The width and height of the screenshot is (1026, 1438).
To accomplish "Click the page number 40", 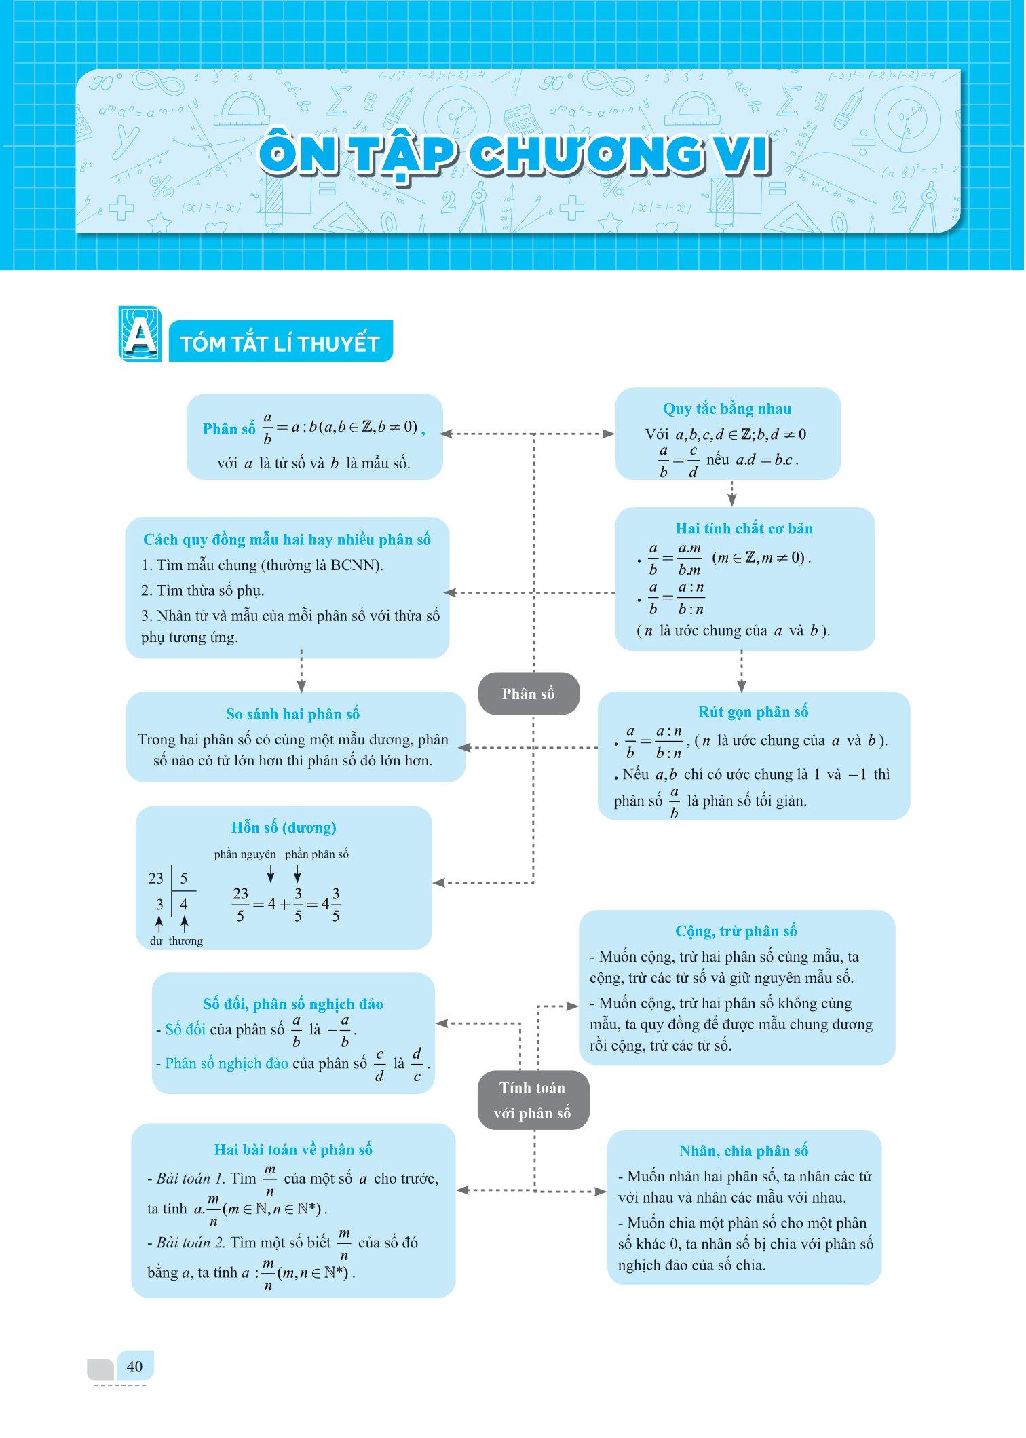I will coord(134,1366).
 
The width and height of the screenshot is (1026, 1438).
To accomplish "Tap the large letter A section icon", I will coord(140,334).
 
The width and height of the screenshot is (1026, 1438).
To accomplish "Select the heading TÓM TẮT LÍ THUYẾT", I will coord(280,343).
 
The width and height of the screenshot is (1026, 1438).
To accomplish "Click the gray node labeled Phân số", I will coord(528,694).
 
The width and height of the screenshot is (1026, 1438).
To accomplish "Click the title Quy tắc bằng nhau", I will coord(727,409).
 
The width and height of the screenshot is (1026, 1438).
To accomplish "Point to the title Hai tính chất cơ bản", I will coord(744,528).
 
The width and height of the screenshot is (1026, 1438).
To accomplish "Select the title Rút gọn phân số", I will coord(753,711).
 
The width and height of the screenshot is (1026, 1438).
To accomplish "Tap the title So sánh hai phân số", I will coord(292,713).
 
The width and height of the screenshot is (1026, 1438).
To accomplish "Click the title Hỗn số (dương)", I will coord(284,827).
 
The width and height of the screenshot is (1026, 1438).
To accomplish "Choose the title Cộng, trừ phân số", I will coord(736,930).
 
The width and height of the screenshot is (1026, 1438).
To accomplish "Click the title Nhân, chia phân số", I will coord(744,1150).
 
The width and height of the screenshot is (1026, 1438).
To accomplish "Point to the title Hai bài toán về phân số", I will coord(293,1149).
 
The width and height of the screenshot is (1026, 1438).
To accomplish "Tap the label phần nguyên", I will coord(245,854).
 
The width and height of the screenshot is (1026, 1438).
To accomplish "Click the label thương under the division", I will coord(186,941).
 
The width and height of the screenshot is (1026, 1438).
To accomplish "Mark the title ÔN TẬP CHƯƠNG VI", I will coord(514,155).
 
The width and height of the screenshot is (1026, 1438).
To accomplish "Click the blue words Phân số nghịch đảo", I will coord(227,1063).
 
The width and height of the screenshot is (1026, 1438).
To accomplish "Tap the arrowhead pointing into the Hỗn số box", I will coord(438,883).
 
